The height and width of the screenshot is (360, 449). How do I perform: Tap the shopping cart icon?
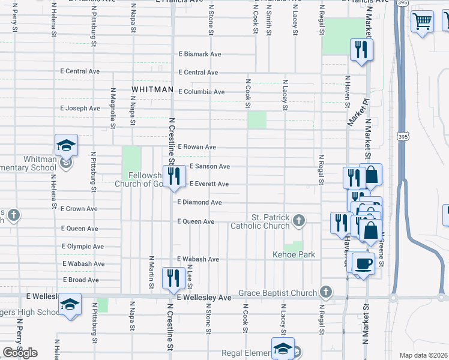(x=423, y=22)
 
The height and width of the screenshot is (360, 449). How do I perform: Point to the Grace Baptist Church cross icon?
(x=325, y=292)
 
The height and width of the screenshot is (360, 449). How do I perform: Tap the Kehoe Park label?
(x=294, y=255)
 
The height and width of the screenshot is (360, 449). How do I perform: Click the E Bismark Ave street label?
(x=200, y=54)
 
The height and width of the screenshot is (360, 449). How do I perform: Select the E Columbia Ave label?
(x=202, y=92)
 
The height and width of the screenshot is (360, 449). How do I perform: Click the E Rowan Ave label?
(x=197, y=147)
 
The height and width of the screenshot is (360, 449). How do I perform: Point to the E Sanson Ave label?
(x=209, y=166)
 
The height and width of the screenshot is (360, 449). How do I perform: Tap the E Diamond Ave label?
(x=199, y=203)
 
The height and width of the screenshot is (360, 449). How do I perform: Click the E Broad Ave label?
(x=80, y=280)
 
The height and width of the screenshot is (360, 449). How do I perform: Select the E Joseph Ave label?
(x=80, y=109)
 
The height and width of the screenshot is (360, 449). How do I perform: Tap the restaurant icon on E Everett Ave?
(x=173, y=176)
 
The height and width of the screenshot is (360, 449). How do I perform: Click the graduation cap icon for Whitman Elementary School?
(x=66, y=145)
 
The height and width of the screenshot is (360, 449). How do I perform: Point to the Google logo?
(x=20, y=353)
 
